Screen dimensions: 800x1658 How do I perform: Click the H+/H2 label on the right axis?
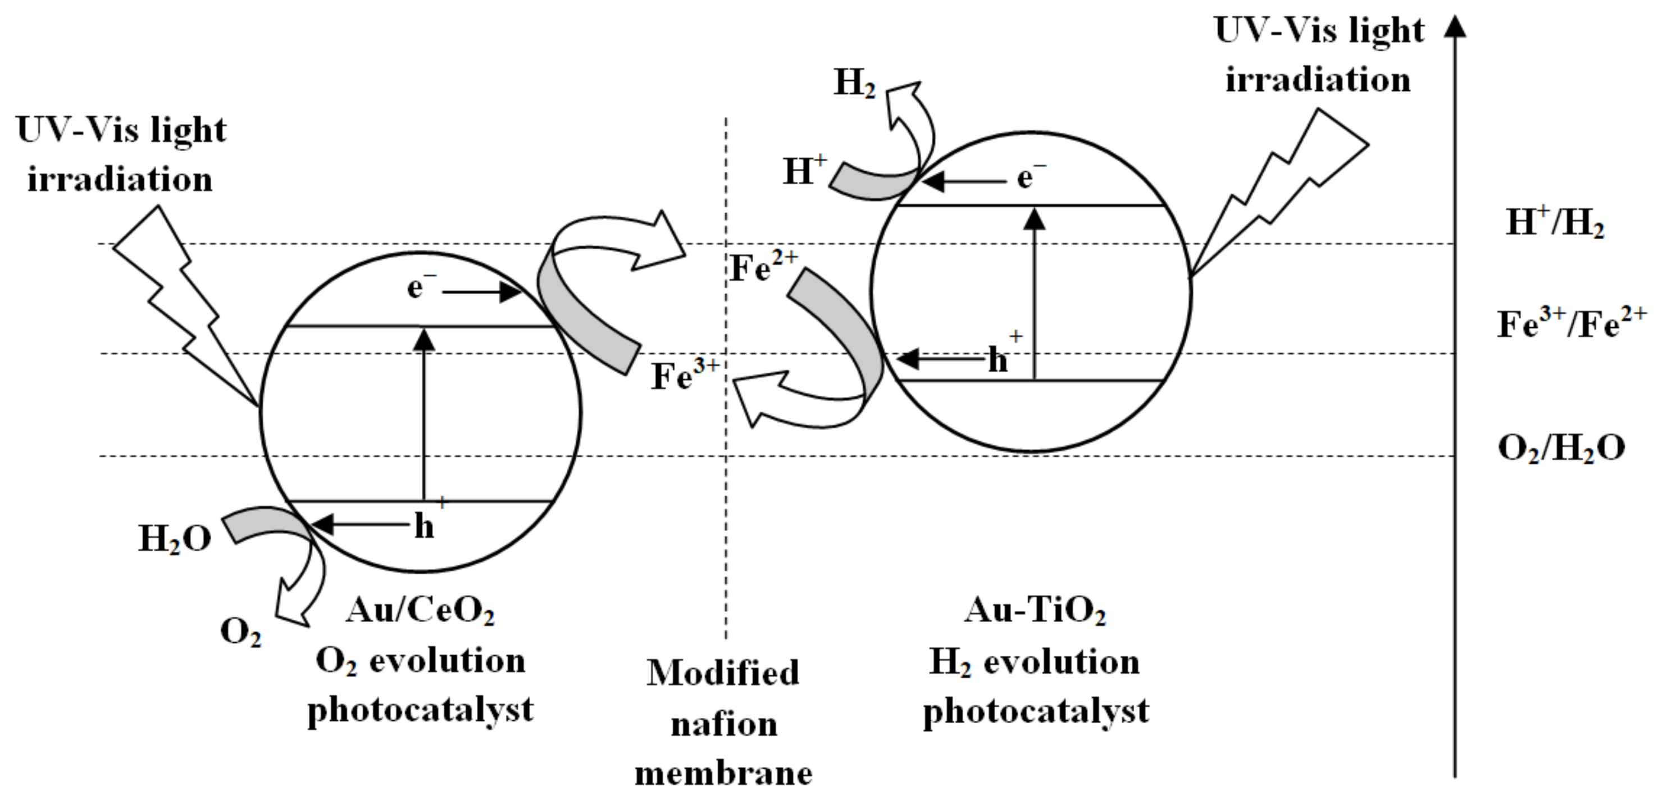pyautogui.click(x=1555, y=223)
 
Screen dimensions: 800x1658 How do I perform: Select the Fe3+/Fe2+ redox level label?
pyautogui.click(x=1570, y=324)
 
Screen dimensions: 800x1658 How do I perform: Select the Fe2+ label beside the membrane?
pyautogui.click(x=763, y=267)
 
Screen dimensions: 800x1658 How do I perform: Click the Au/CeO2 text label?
pyautogui.click(x=420, y=610)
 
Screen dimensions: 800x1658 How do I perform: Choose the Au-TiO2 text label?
pyautogui.click(x=1035, y=610)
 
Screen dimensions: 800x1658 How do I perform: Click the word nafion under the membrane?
pyautogui.click(x=724, y=725)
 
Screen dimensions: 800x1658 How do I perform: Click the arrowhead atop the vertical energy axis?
pyautogui.click(x=1455, y=26)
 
